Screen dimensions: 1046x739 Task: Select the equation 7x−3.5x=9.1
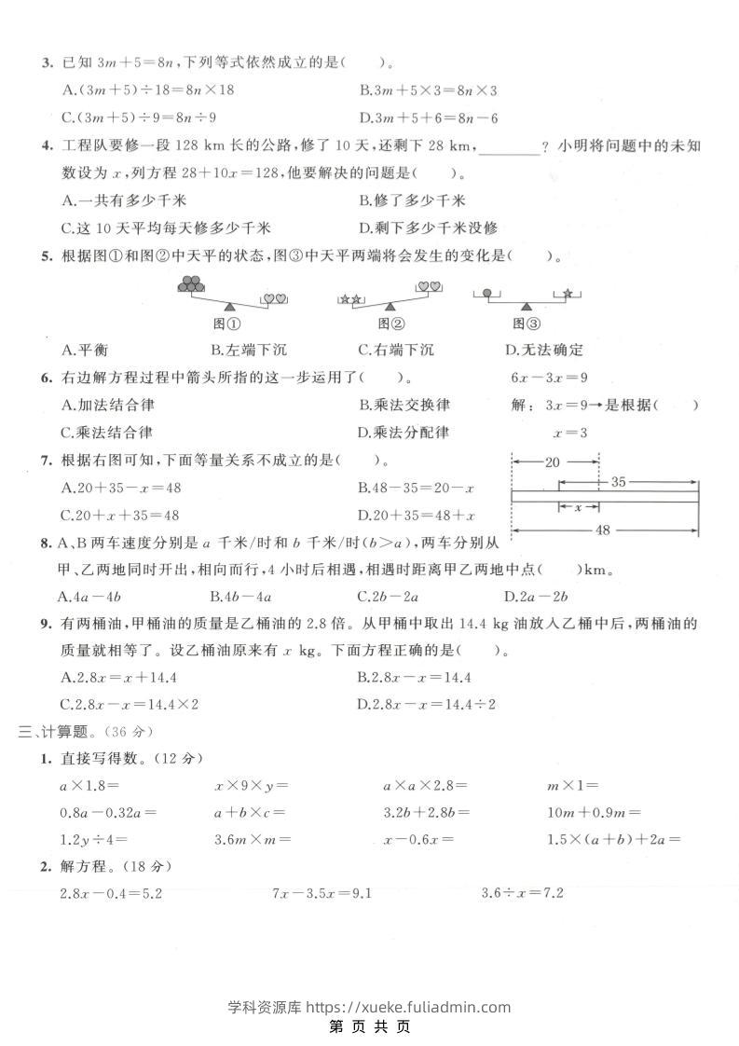tap(322, 893)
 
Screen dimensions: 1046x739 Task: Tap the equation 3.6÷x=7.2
tap(522, 893)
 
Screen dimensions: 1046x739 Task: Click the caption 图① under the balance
tap(228, 323)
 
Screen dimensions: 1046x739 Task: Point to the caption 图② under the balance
tap(390, 323)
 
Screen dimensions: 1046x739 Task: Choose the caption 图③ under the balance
tap(527, 323)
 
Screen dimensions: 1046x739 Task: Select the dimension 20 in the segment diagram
tap(552, 461)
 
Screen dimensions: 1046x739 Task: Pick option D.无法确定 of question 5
tap(543, 350)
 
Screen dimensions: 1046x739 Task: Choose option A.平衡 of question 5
tap(85, 350)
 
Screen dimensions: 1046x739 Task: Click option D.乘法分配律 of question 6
tap(404, 432)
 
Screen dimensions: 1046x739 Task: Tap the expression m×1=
tap(572, 786)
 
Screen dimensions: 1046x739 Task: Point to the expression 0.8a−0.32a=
tap(107, 812)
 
